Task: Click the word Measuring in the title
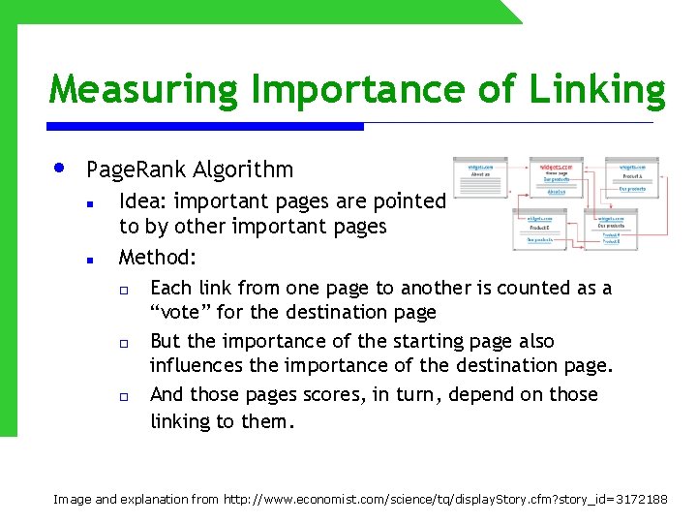pyautogui.click(x=143, y=90)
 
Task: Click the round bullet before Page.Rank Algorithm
pyautogui.click(x=59, y=169)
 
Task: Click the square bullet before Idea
pyautogui.click(x=88, y=203)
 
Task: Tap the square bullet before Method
pyautogui.click(x=88, y=260)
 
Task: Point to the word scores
pyautogui.click(x=340, y=395)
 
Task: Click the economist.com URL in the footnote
pyautogui.click(x=445, y=499)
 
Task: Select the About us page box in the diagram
pyautogui.click(x=481, y=180)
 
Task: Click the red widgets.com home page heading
pyautogui.click(x=555, y=167)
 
